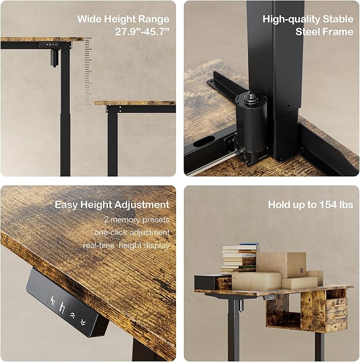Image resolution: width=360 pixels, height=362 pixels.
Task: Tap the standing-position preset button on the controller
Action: coord(63,307)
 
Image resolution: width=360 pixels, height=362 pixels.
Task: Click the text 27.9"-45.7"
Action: coord(143,31)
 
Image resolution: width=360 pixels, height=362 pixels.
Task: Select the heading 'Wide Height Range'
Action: coord(124,19)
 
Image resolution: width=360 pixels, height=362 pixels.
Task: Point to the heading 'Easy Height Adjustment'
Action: coord(112,205)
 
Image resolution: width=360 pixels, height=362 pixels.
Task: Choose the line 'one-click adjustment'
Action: coord(132,232)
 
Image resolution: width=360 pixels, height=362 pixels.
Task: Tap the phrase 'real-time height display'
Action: coord(126,245)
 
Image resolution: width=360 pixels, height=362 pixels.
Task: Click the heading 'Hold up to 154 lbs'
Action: coord(310,205)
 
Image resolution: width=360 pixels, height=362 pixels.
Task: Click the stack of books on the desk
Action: coord(239,259)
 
